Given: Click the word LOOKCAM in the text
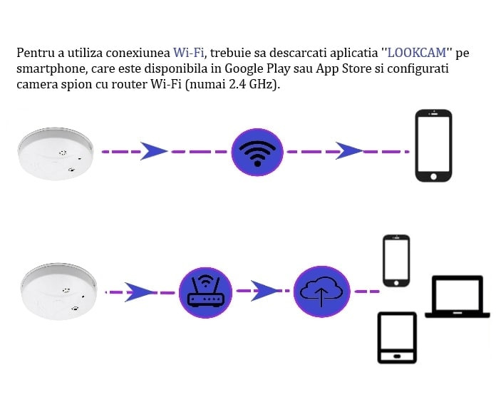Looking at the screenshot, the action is coord(417,53).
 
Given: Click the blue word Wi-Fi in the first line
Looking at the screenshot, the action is coord(189,53).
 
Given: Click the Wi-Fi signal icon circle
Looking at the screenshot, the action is coord(257,152).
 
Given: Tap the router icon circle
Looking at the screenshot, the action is coord(206,292).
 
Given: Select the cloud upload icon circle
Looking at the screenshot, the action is coord(321,292).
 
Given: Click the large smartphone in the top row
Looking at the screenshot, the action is coord(434,145).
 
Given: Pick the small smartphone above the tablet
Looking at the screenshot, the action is coord(396,261).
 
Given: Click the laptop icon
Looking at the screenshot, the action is coord(458,297).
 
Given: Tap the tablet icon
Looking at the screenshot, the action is coord(398,338).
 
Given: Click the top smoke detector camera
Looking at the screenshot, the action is coord(56,154).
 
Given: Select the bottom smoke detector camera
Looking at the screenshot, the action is coord(59,291).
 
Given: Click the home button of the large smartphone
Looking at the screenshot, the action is coord(434,176).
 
